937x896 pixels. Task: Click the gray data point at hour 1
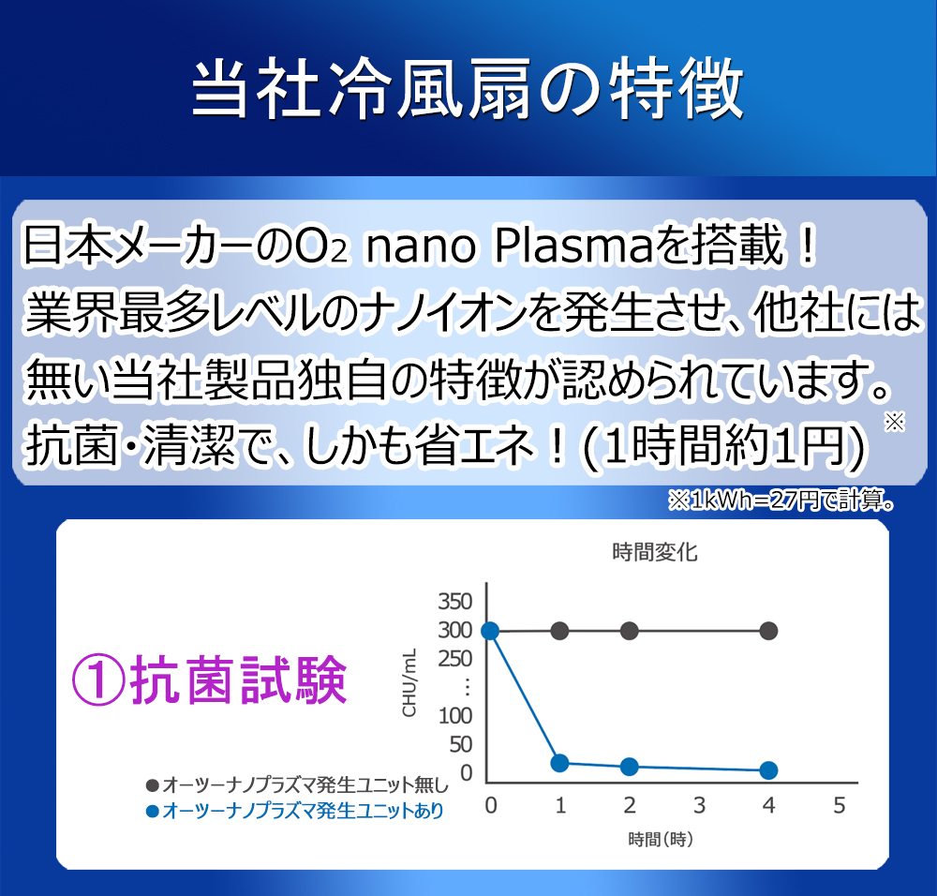click(x=559, y=631)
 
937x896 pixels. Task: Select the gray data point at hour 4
click(x=768, y=631)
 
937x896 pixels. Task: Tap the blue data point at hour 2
click(x=630, y=767)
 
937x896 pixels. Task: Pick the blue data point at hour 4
click(x=768, y=770)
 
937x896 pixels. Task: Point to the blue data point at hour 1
click(x=559, y=763)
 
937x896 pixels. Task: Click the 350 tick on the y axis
click(x=455, y=602)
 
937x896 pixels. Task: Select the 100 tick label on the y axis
click(x=455, y=715)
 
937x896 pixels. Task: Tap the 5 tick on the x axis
click(x=839, y=806)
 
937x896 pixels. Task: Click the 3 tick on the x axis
click(x=699, y=806)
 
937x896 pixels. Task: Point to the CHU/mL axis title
click(x=409, y=682)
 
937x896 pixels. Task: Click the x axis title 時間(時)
click(x=661, y=839)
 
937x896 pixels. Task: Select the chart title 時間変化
click(x=655, y=552)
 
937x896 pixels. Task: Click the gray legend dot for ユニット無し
click(x=153, y=784)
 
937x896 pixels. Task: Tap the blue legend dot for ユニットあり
click(x=153, y=811)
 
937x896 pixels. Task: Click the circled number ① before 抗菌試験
click(x=98, y=680)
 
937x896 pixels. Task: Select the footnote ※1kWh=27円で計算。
click(x=781, y=500)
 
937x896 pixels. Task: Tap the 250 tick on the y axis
click(x=455, y=659)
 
